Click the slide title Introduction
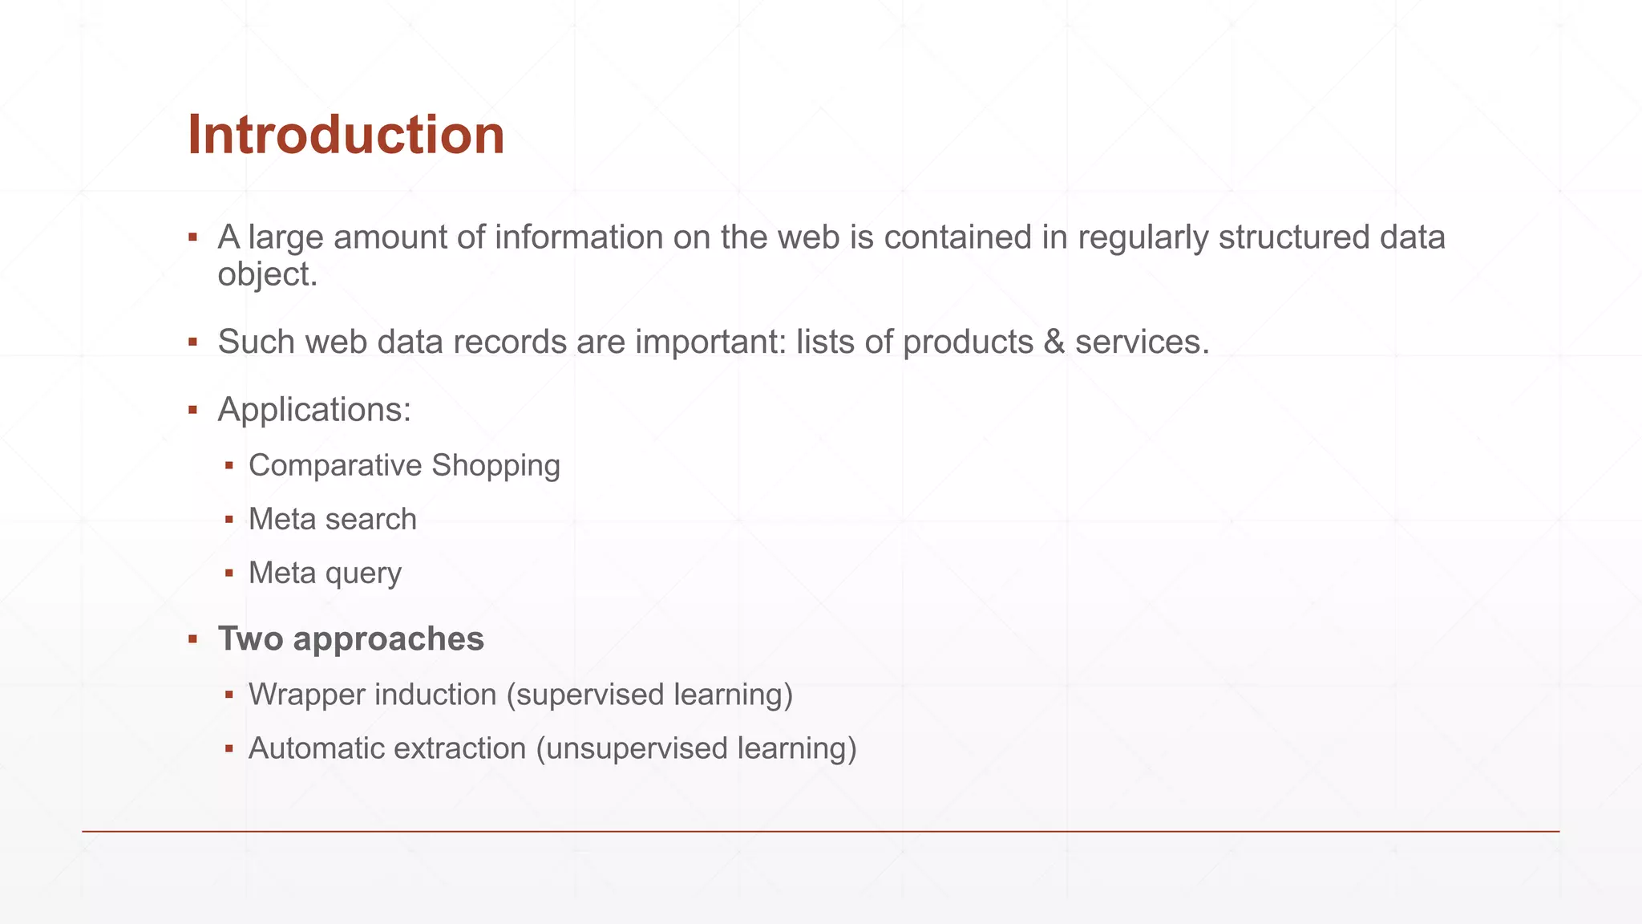click(346, 135)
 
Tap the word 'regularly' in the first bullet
click(1143, 237)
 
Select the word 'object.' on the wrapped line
click(268, 275)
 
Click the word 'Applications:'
click(314, 410)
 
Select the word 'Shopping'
click(495, 466)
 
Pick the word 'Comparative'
click(335, 466)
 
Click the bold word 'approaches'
click(388, 639)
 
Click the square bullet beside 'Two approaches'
click(192, 639)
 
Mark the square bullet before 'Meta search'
click(229, 520)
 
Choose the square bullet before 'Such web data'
click(192, 342)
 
